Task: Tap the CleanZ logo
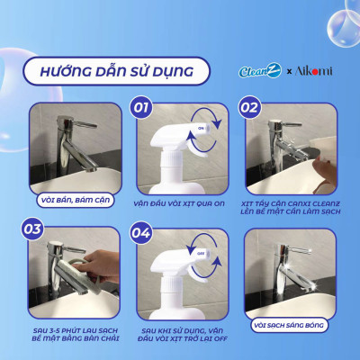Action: tap(259, 69)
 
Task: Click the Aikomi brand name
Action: tap(314, 69)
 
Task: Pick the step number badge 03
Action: tap(33, 229)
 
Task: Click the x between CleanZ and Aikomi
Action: tap(289, 70)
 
